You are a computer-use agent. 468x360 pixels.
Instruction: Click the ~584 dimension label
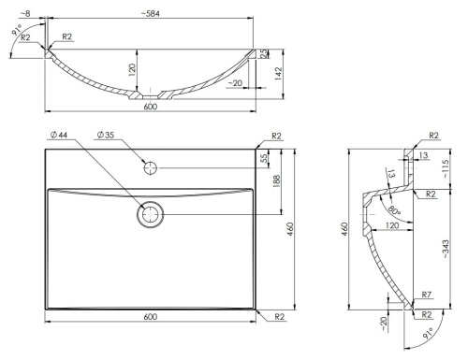pos(151,14)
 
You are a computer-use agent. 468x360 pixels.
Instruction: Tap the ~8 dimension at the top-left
pos(26,14)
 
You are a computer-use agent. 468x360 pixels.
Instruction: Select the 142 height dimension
pos(279,74)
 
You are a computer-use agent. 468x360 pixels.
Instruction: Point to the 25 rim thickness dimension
pos(264,53)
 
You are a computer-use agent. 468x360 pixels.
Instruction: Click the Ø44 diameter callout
pos(59,135)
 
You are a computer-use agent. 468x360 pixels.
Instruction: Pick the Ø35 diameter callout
pos(106,135)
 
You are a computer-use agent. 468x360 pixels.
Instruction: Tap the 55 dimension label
pos(264,158)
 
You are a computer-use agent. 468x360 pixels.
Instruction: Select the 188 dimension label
pos(277,181)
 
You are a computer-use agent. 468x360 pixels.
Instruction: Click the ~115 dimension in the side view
pos(445,168)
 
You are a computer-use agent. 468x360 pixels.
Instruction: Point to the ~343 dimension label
pos(446,249)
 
